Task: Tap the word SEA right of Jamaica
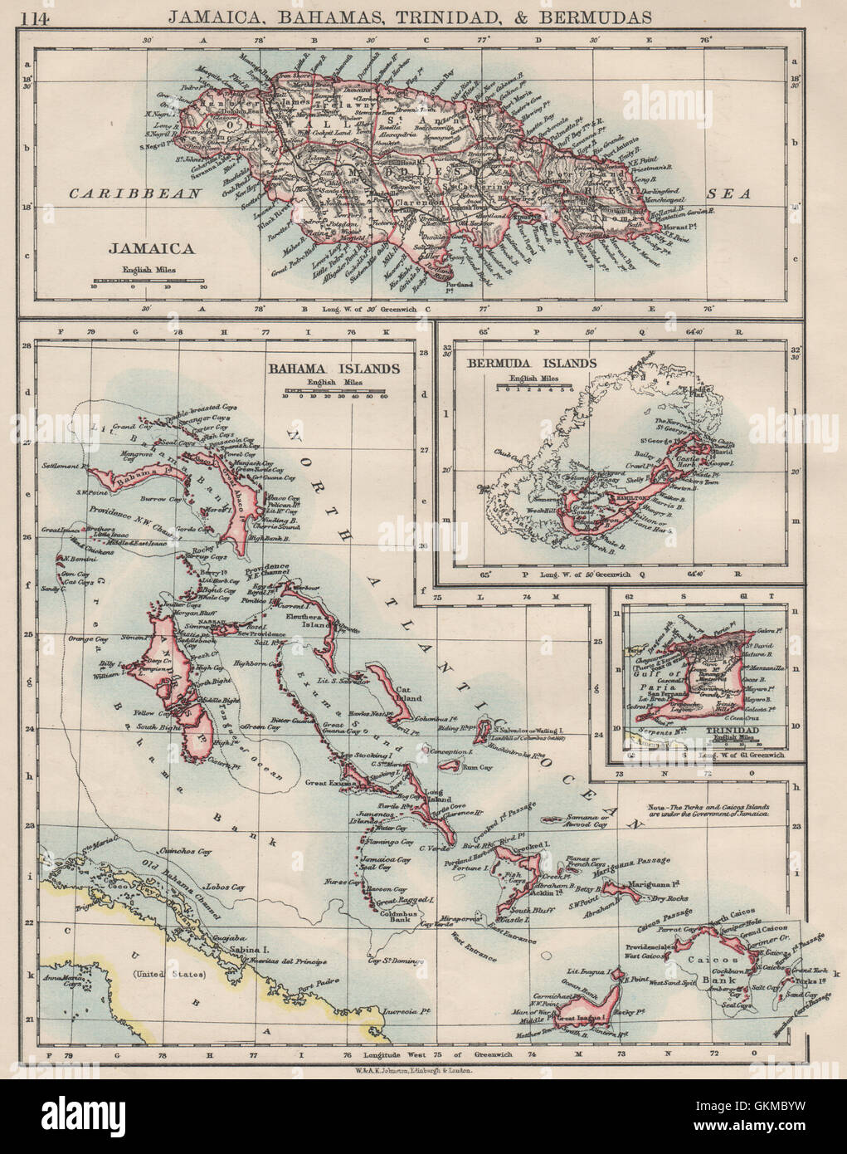(x=728, y=193)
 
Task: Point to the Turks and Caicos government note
(x=708, y=810)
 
